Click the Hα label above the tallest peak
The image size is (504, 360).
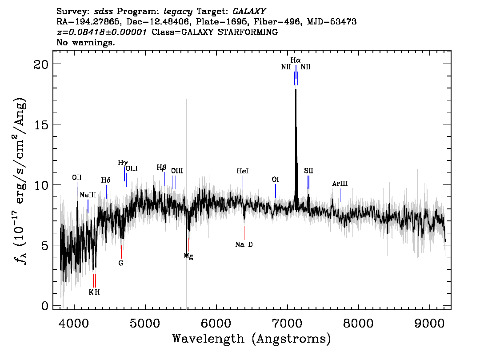pos(296,60)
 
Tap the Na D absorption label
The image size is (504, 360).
pos(244,244)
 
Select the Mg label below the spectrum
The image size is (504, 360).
pos(188,256)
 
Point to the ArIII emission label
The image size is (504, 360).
pos(340,184)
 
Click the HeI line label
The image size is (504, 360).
pos(243,171)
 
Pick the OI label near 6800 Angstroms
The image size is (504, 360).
pos(276,180)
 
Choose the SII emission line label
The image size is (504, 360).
pos(308,171)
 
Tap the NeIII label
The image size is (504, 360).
pos(88,195)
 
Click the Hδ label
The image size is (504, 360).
pos(106,180)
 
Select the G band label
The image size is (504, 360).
pos(121,263)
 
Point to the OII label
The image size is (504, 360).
pos(77,177)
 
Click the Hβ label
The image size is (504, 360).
pos(161,168)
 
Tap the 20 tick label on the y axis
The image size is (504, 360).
pos(41,64)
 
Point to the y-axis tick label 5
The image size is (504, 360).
pos(45,246)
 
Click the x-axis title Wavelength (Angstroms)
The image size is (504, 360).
pos(252,339)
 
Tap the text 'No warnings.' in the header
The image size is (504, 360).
pos(85,42)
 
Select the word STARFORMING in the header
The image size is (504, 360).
pos(248,32)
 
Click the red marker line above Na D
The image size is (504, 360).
pos(244,233)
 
